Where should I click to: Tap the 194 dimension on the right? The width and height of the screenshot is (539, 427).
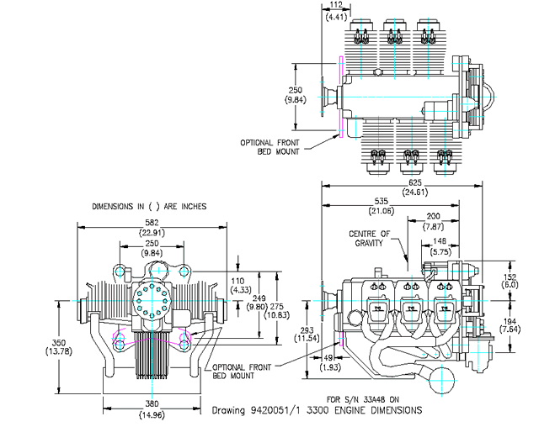[x=510, y=320]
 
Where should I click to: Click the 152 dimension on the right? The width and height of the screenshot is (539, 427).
[x=510, y=276]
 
